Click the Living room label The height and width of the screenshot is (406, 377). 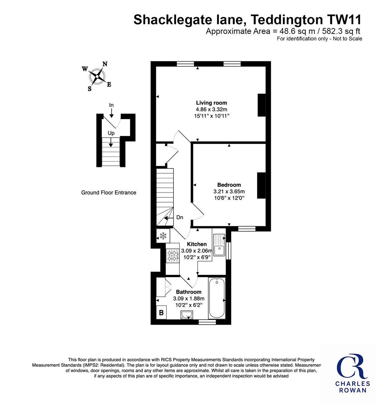pyautogui.click(x=211, y=103)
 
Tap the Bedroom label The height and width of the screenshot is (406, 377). pyautogui.click(x=229, y=185)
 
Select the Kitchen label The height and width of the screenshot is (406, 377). pyautogui.click(x=197, y=244)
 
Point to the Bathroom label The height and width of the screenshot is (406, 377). pyautogui.click(x=189, y=292)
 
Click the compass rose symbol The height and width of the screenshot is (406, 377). pyautogui.click(x=97, y=76)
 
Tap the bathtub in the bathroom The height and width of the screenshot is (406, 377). pyautogui.click(x=217, y=298)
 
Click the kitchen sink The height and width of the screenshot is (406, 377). pyautogui.click(x=219, y=245)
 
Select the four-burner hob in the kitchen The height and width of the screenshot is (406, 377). pyautogui.click(x=173, y=255)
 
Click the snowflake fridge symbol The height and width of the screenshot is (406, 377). pyautogui.click(x=163, y=236)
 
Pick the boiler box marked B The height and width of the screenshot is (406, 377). pyautogui.click(x=161, y=313)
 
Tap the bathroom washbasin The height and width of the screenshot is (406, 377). pyautogui.click(x=187, y=315)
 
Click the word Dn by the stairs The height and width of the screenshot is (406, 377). pyautogui.click(x=180, y=218)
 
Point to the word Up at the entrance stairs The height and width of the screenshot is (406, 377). pyautogui.click(x=111, y=133)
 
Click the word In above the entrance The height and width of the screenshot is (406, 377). pyautogui.click(x=111, y=105)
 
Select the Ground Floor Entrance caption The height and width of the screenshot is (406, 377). pyautogui.click(x=109, y=192)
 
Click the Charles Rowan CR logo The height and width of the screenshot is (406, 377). pyautogui.click(x=353, y=373)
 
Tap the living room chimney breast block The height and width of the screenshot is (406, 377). pyautogui.click(x=262, y=105)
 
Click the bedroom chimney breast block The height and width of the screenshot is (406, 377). pyautogui.click(x=262, y=185)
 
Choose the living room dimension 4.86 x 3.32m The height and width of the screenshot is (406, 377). pyautogui.click(x=212, y=109)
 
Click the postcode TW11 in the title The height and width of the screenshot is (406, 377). pyautogui.click(x=344, y=20)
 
